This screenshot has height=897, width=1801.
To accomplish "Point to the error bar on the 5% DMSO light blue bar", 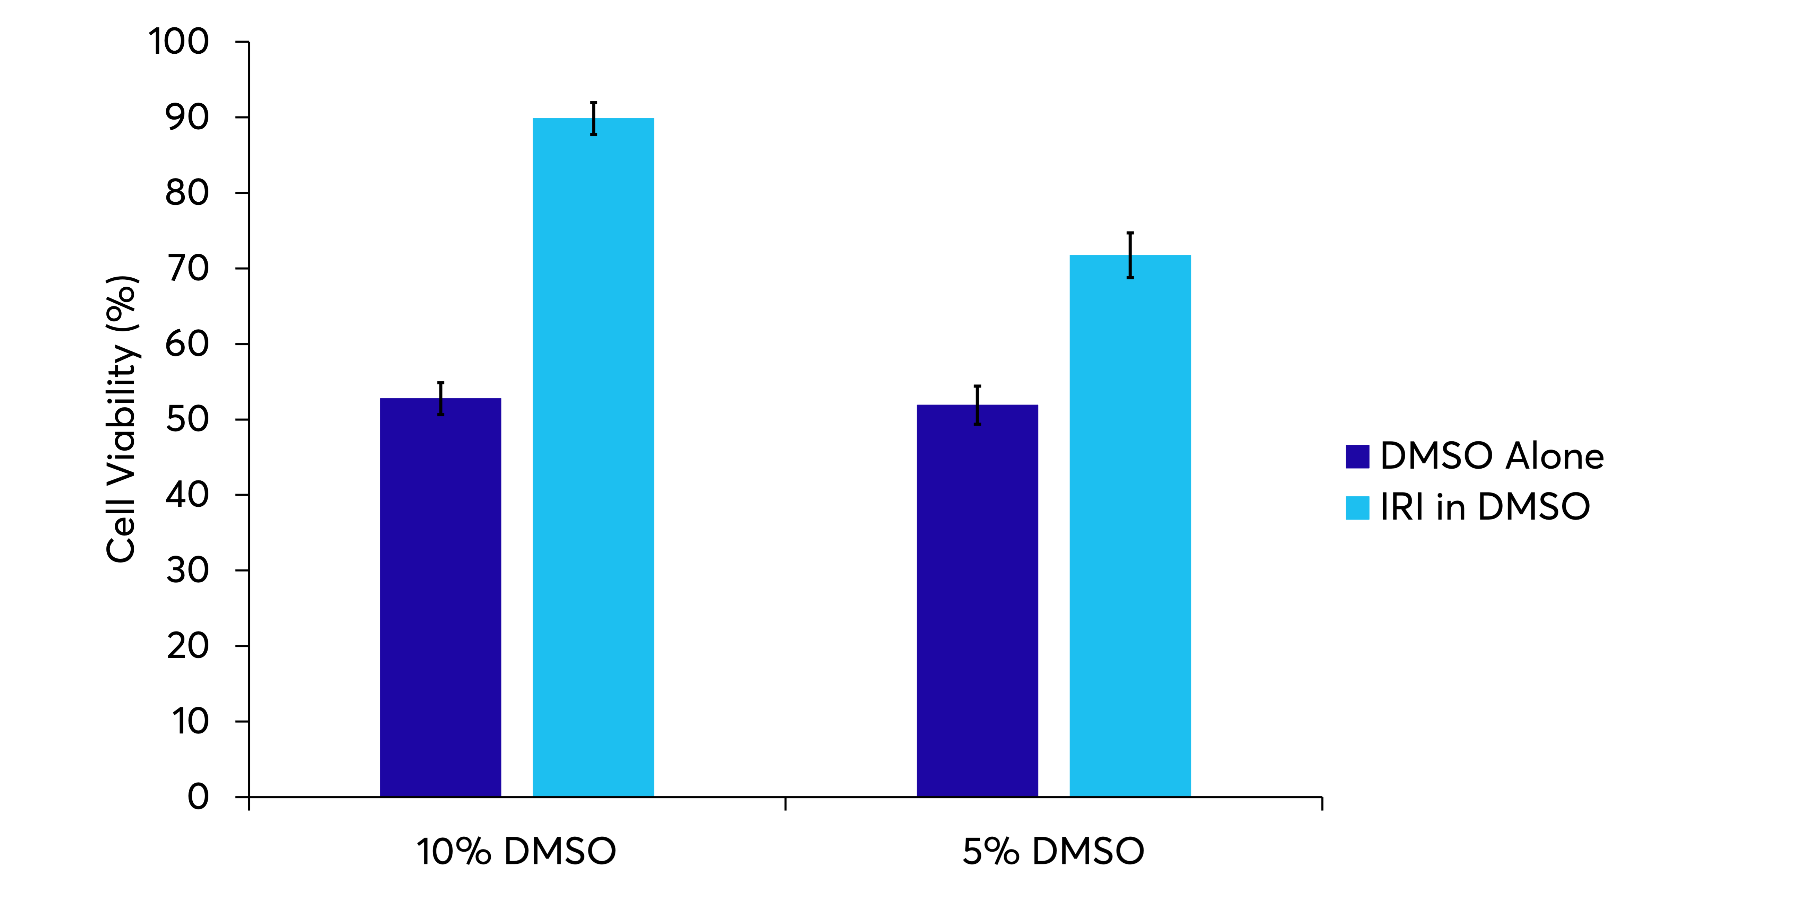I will pyautogui.click(x=1130, y=255).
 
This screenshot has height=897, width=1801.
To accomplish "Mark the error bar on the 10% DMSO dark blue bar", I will pyautogui.click(x=440, y=399).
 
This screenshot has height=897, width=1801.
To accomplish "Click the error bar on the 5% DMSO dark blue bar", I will pyautogui.click(x=977, y=405).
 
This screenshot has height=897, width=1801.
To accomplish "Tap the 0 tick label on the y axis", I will pyautogui.click(x=198, y=797).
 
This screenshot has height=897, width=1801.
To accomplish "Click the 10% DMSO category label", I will pyautogui.click(x=516, y=852).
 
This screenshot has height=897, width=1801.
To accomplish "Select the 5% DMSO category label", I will pyautogui.click(x=1053, y=852).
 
